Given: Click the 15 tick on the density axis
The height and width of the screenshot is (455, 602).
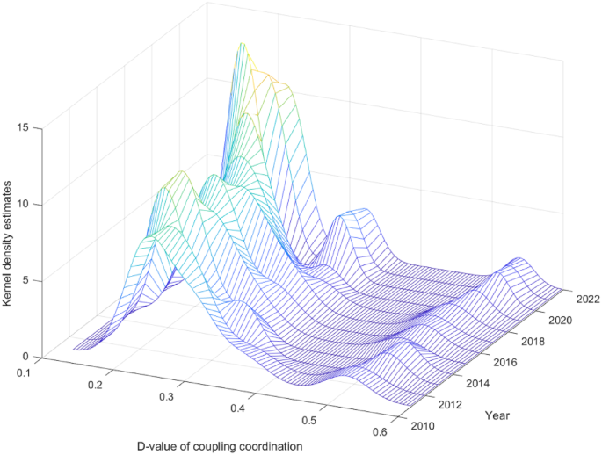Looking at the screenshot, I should [x=24, y=128].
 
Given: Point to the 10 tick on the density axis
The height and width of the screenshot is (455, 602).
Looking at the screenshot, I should [x=24, y=205].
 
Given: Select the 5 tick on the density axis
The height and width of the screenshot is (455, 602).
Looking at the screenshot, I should [x=26, y=280].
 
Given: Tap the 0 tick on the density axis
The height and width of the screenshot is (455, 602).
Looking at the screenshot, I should [x=26, y=357].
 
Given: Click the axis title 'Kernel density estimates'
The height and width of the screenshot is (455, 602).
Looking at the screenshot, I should [x=8, y=242].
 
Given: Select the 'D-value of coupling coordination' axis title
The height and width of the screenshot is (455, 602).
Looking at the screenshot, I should [x=220, y=445].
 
